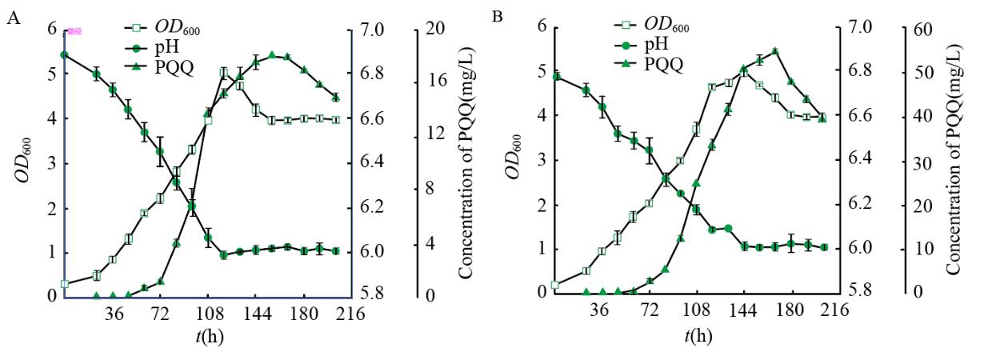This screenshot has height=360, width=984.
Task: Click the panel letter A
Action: pos(12,18)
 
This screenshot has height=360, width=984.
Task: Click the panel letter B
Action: pos(498,15)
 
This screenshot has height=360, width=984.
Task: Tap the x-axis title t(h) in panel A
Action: pos(210,335)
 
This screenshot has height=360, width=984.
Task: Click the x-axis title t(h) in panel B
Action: pos(698,335)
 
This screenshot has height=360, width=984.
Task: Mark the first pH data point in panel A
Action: pos(64,54)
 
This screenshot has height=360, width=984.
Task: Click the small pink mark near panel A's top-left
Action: pos(74,31)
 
